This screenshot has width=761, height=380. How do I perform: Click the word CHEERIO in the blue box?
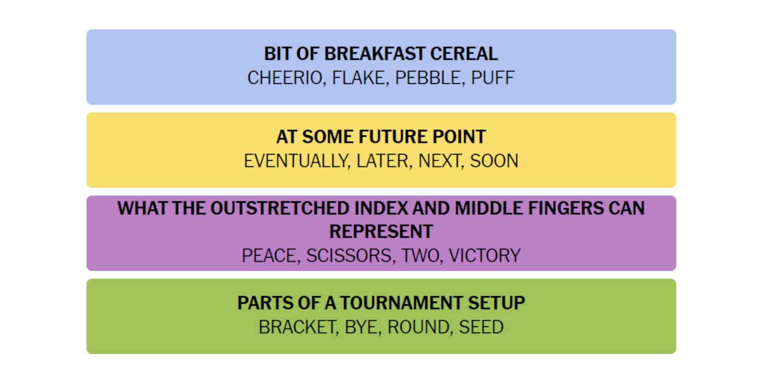(x=285, y=78)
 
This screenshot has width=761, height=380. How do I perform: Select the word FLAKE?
(x=359, y=78)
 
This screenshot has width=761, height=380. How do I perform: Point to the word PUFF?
(x=493, y=78)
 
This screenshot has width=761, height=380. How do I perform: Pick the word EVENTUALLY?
(x=296, y=161)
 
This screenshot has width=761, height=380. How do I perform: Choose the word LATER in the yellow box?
(x=382, y=161)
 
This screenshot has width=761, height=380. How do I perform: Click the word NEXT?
(x=439, y=161)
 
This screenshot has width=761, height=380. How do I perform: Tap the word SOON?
(x=494, y=161)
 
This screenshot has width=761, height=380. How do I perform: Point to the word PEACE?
(x=269, y=256)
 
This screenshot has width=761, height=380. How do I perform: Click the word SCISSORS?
(x=349, y=256)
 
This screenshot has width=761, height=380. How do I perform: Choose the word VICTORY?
(x=484, y=256)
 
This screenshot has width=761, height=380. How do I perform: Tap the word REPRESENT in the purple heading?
(x=381, y=232)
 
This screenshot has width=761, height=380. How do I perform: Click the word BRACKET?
(x=297, y=327)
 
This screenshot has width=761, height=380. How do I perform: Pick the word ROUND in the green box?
(x=418, y=327)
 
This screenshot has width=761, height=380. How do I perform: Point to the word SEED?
(x=481, y=327)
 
